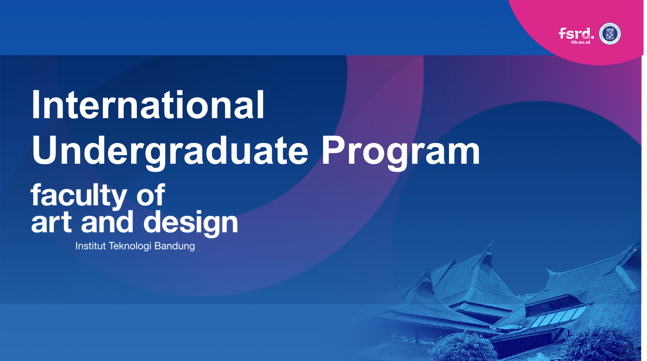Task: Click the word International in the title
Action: point(148,104)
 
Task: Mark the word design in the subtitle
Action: point(191,224)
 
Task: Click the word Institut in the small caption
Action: point(90,246)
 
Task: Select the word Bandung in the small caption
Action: point(175,246)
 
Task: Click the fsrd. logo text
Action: point(576,33)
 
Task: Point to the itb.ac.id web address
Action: point(580,42)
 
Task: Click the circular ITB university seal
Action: point(610,34)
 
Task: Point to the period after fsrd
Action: point(592,38)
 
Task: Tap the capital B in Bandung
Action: point(158,246)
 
